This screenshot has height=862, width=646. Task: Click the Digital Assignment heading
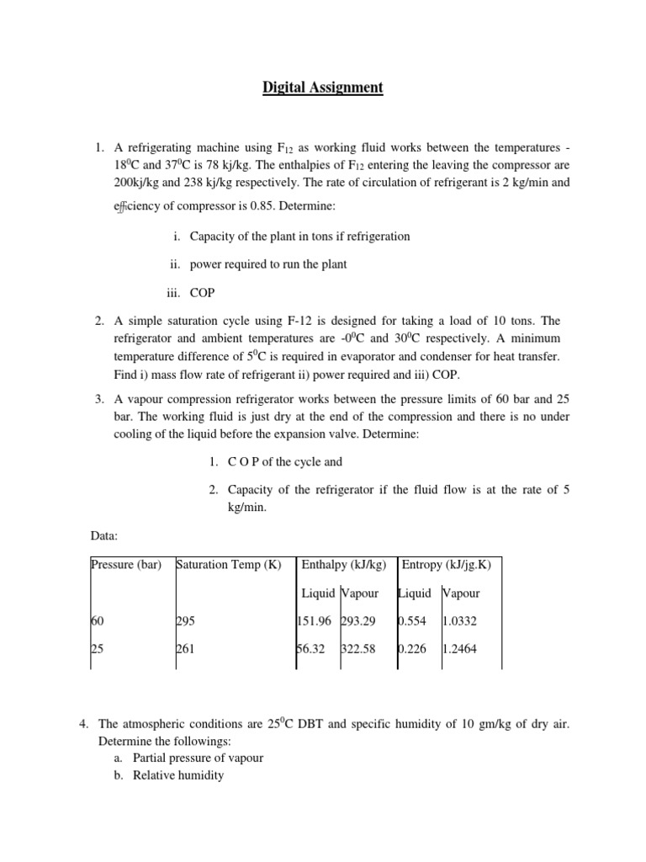(323, 88)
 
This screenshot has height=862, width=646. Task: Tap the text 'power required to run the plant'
(268, 264)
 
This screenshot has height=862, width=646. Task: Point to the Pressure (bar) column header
(126, 564)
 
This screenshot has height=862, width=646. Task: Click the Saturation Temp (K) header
(229, 564)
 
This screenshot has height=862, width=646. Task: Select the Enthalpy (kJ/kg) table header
(344, 564)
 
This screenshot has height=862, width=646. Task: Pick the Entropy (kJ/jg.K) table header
(447, 564)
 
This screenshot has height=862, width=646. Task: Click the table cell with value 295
(185, 621)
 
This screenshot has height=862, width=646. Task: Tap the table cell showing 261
(185, 650)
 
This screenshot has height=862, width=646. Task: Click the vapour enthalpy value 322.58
(359, 650)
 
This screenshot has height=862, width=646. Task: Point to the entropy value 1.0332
(460, 621)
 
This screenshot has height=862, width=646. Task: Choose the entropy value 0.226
(412, 650)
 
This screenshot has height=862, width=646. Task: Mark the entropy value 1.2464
(460, 650)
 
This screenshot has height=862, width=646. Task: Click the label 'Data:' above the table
(105, 535)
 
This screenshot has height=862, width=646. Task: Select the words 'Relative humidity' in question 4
(178, 775)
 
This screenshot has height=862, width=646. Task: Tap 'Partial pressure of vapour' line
(198, 758)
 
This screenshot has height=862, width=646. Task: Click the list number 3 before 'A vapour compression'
(99, 398)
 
